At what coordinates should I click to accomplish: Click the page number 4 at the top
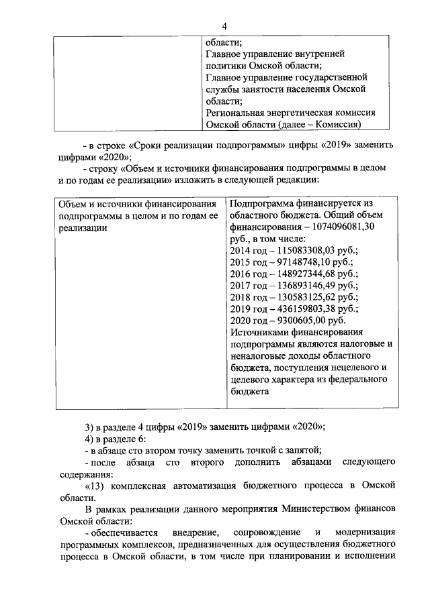[224, 25]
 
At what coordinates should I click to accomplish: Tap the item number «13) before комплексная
[95, 486]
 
